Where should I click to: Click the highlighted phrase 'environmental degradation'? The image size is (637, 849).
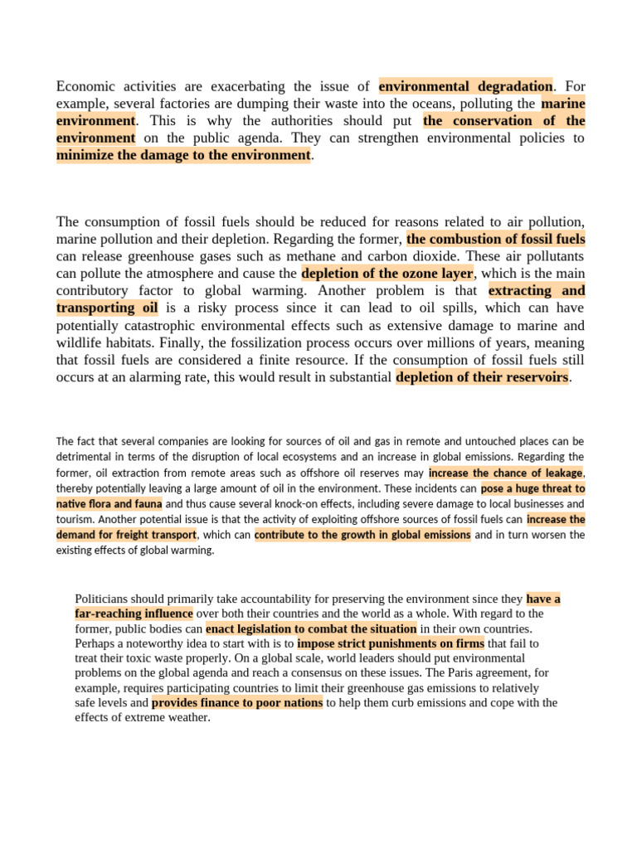pos(465,86)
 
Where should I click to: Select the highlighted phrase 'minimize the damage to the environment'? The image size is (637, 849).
pos(183,155)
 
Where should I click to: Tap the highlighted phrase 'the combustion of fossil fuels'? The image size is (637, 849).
pos(496,239)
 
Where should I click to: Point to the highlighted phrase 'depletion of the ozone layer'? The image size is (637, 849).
pos(387,274)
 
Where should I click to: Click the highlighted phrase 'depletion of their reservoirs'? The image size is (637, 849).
pos(483,377)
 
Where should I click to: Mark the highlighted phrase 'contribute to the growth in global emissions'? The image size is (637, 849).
pos(362,535)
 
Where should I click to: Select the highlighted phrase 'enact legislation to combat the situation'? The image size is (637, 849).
pos(311,629)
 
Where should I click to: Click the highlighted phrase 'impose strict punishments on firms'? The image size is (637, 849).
pos(390,643)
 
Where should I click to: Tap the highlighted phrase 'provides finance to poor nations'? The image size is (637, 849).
pos(237,703)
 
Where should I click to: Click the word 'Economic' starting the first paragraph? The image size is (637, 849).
pos(86,86)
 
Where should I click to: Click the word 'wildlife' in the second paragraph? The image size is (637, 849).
pos(81,343)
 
